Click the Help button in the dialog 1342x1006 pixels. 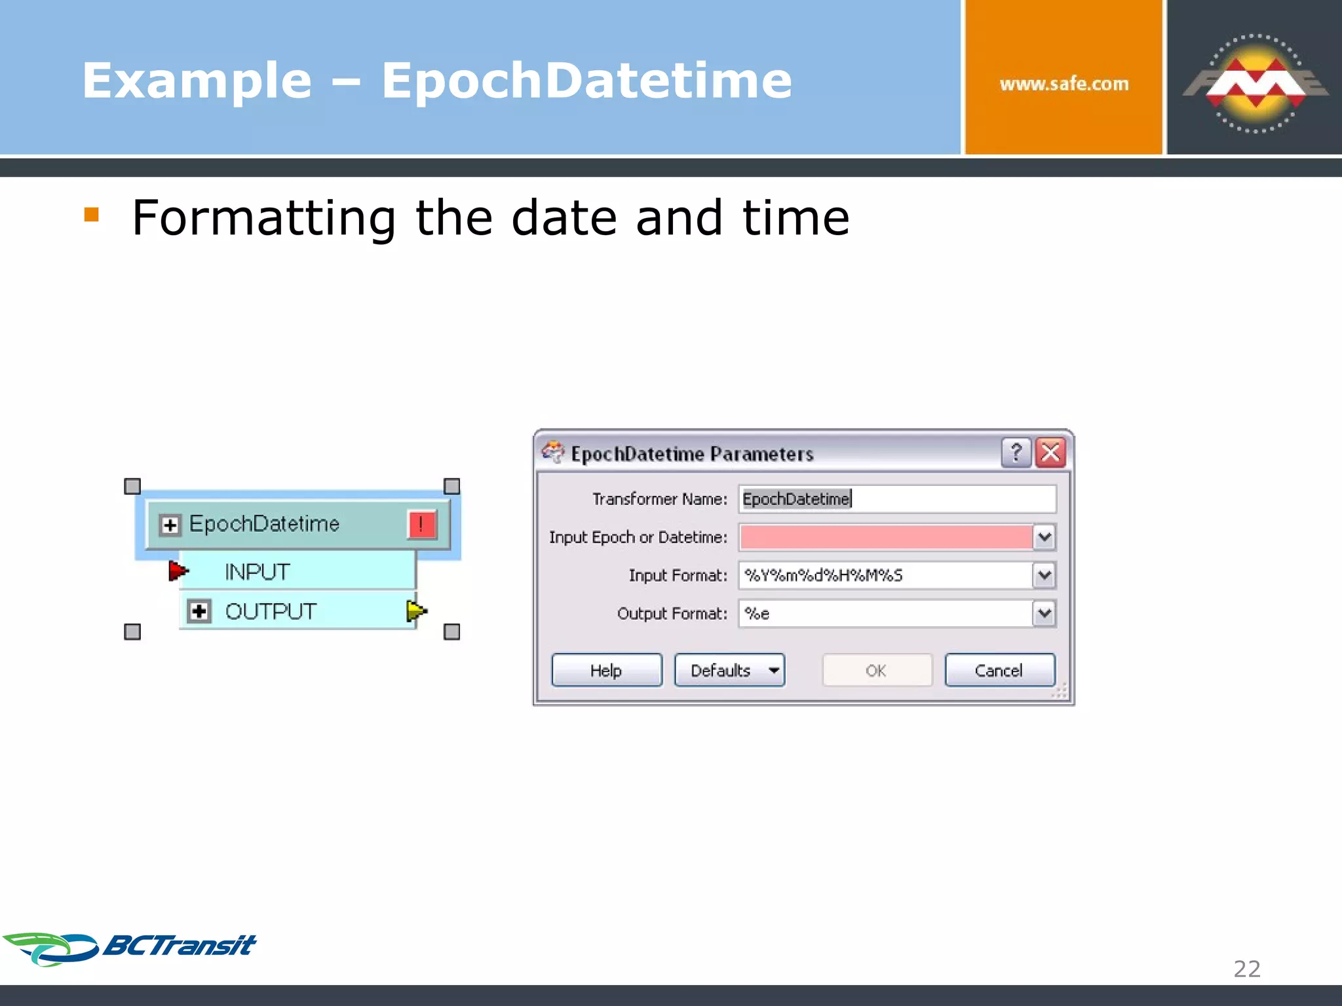pyautogui.click(x=606, y=670)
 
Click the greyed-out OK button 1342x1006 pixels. pyautogui.click(x=876, y=670)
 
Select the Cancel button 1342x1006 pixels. pyautogui.click(x=999, y=670)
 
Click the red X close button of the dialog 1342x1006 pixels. pyautogui.click(x=1050, y=453)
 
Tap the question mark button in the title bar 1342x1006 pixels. pyautogui.click(x=1016, y=453)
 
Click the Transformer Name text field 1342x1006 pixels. pyautogui.click(x=896, y=499)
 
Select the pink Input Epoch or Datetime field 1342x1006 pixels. pyautogui.click(x=885, y=537)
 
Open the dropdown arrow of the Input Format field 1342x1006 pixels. pyautogui.click(x=1044, y=575)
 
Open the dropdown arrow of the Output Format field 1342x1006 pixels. pyautogui.click(x=1044, y=614)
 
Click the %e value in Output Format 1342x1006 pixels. pyautogui.click(x=757, y=614)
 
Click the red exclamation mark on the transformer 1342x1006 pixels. pyautogui.click(x=421, y=525)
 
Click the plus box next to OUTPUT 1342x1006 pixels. pyautogui.click(x=199, y=611)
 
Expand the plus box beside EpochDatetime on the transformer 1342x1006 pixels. pyautogui.click(x=170, y=525)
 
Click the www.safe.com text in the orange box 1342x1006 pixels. pyautogui.click(x=1064, y=84)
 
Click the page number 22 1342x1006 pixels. pyautogui.click(x=1246, y=969)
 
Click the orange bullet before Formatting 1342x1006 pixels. pyautogui.click(x=91, y=215)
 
